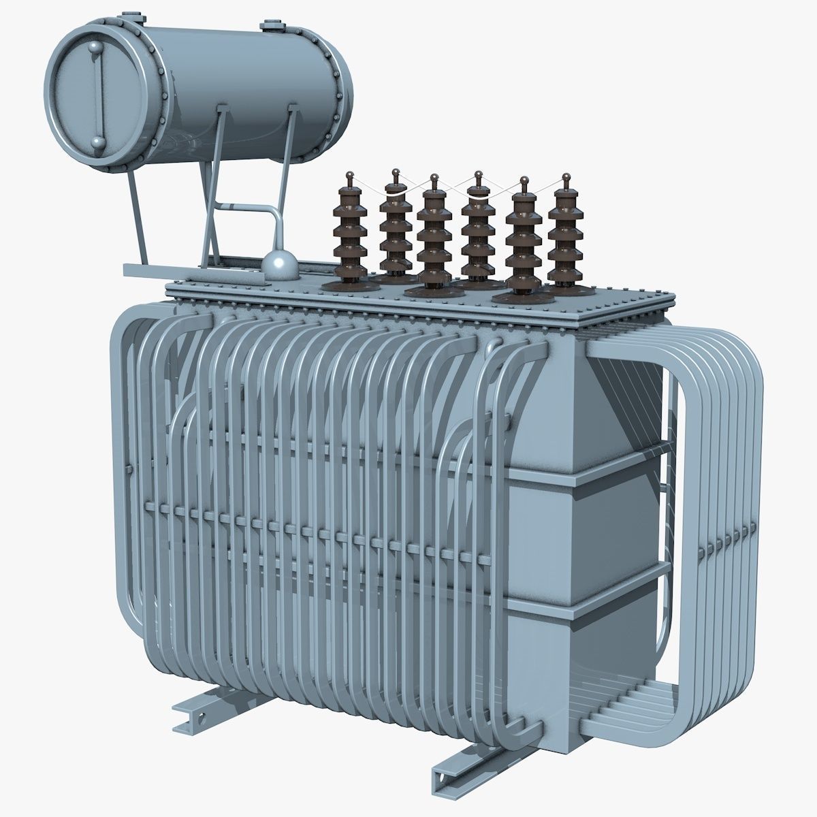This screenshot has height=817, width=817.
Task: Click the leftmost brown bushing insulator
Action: click(349, 238)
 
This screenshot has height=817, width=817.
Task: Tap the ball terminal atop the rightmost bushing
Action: click(564, 178)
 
